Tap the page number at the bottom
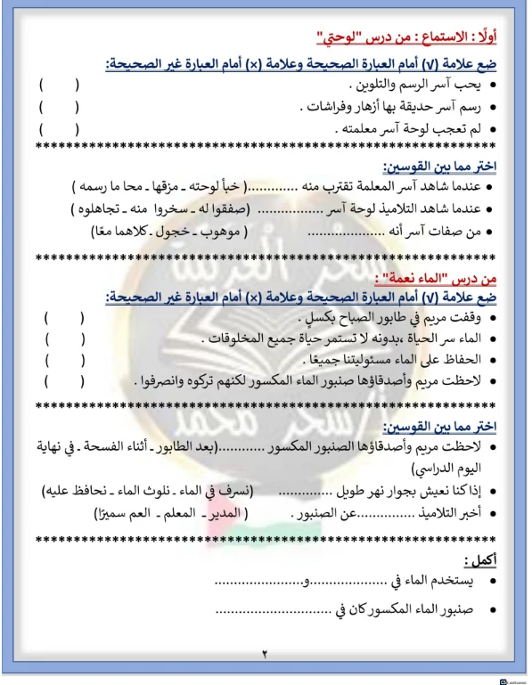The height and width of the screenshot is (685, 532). pos(265,655)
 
